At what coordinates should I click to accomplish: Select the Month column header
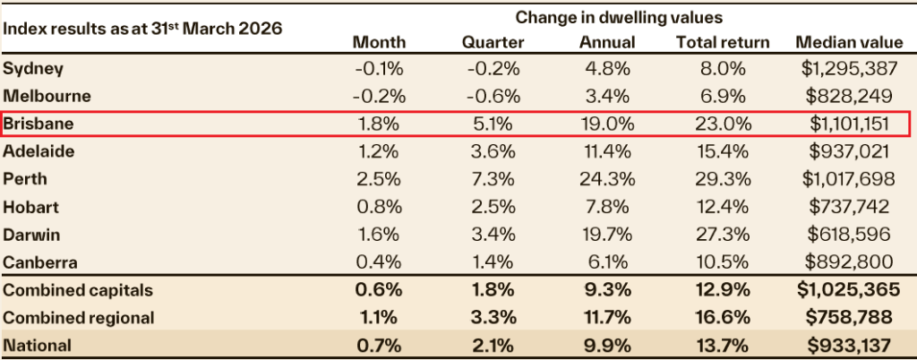(x=379, y=42)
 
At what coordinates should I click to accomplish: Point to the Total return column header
(x=722, y=42)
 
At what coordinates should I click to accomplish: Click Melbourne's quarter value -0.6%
(x=491, y=97)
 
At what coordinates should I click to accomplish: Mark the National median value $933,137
(x=845, y=345)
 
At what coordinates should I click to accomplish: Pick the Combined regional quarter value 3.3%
(x=491, y=317)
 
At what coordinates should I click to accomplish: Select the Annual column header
(x=607, y=42)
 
